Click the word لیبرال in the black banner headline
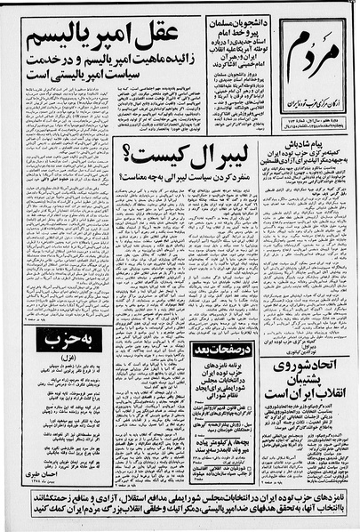tap(215, 158)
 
